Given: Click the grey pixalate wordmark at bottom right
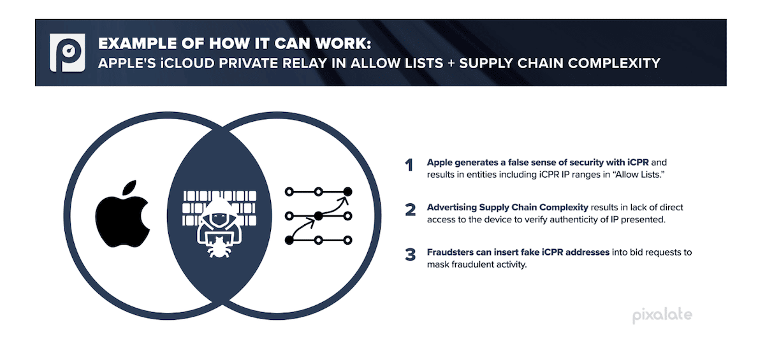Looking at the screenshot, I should (x=662, y=315).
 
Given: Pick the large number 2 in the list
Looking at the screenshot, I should (x=411, y=210).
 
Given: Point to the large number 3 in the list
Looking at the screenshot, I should (x=411, y=255).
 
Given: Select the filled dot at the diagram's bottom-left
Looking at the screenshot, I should (x=289, y=240).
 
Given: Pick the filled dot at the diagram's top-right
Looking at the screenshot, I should (x=347, y=191).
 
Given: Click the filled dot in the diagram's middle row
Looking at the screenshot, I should (x=318, y=217).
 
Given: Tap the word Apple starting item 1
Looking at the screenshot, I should (x=439, y=162).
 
